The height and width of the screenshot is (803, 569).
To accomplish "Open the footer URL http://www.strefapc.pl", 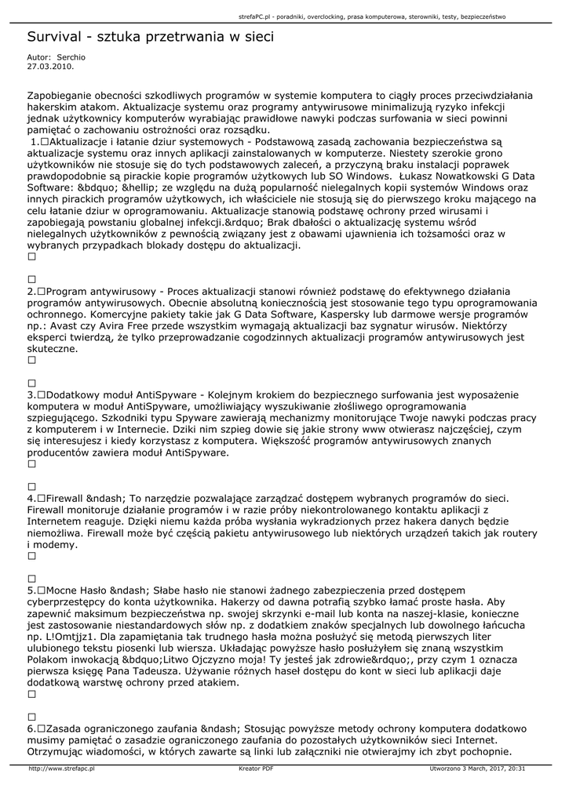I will pyautogui.click(x=61, y=769).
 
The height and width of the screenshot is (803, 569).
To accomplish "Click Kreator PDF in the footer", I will pyautogui.click(x=256, y=769).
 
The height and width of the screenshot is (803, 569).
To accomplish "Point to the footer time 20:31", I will pyautogui.click(x=516, y=769).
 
